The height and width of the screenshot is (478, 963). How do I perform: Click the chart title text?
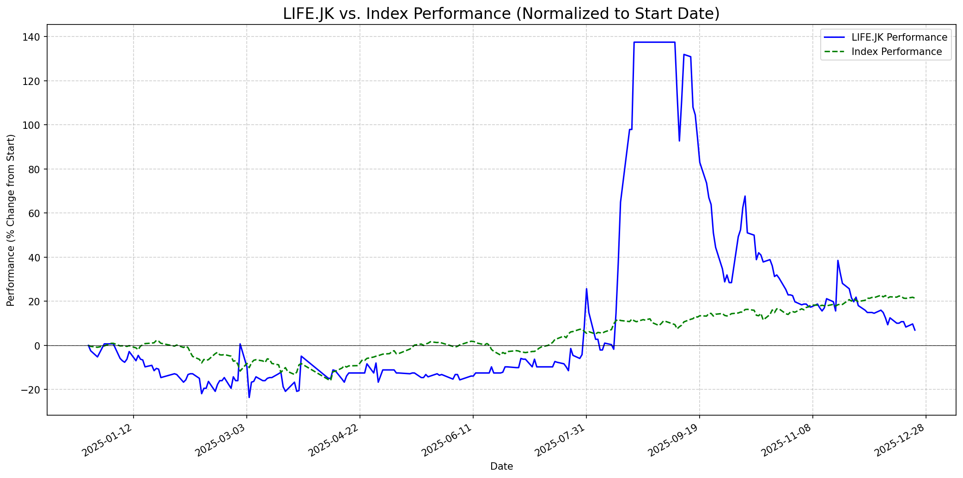[501, 14]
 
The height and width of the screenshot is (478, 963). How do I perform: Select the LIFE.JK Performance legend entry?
[899, 37]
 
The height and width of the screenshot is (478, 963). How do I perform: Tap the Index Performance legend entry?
[896, 52]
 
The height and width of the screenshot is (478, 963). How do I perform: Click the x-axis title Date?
[501, 466]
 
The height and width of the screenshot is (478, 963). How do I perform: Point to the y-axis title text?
[11, 220]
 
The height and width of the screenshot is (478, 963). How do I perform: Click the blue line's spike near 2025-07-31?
[586, 289]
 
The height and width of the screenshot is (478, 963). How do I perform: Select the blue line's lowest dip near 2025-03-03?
[249, 397]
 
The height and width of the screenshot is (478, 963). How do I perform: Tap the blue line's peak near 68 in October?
[745, 196]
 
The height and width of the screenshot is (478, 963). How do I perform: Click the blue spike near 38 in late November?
[838, 260]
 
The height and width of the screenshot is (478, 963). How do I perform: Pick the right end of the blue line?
[914, 330]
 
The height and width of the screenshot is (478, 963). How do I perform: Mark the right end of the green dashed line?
[914, 297]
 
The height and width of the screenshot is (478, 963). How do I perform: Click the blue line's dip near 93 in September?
[679, 140]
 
